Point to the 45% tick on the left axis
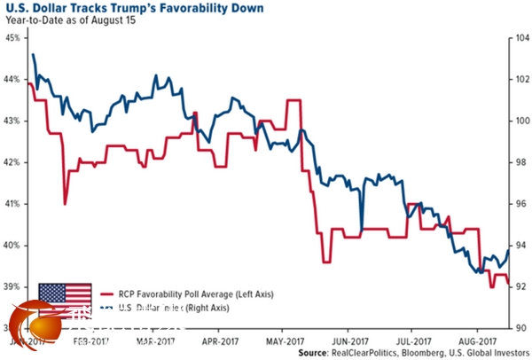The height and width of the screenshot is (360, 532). click(x=14, y=38)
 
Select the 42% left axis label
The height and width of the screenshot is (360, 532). click(x=14, y=162)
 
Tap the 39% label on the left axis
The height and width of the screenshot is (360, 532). click(x=14, y=287)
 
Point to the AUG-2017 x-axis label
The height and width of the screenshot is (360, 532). click(x=474, y=339)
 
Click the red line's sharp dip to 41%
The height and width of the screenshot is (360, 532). click(x=66, y=204)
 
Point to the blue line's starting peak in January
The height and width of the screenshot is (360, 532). click(x=34, y=55)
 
